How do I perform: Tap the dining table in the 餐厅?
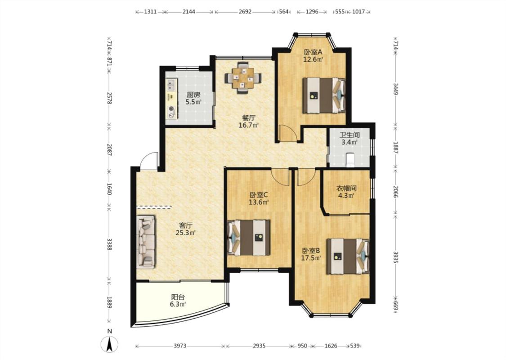coord(243,77)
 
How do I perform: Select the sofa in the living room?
coord(146,242)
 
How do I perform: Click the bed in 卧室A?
coord(324,95)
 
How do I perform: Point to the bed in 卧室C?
coord(249,238)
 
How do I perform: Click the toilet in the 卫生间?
coord(350,160)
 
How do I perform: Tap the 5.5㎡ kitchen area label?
coord(193,102)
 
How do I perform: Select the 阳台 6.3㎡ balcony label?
coord(178,301)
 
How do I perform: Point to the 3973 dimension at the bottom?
coord(180,346)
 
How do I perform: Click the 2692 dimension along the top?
coord(245,12)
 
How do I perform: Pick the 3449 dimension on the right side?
coord(396,89)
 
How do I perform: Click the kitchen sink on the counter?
coord(170,85)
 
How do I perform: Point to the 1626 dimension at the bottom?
coord(331,346)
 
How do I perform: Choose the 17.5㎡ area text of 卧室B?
coord(311,258)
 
